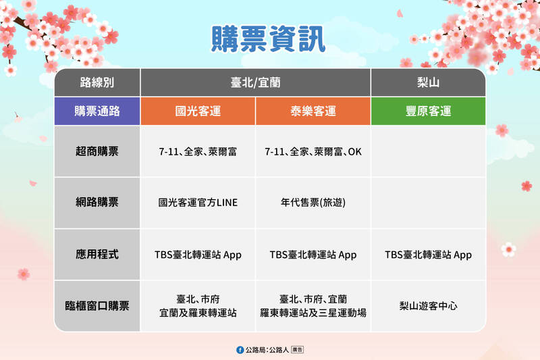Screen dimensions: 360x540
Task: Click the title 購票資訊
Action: click(268, 40)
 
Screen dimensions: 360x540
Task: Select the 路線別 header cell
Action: click(97, 83)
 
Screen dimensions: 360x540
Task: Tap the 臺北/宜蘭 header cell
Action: click(255, 83)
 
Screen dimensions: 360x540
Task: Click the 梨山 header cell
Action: click(428, 83)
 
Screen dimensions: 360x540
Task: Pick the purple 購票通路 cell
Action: click(97, 111)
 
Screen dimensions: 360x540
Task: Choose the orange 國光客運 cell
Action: click(198, 111)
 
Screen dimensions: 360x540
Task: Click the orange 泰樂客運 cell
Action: click(313, 111)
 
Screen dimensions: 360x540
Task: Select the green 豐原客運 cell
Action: click(428, 111)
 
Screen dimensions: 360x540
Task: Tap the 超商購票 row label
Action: click(97, 151)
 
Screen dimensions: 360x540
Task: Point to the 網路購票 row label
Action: click(97, 202)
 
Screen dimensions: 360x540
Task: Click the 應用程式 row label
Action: click(97, 255)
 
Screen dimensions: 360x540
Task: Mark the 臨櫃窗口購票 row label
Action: click(97, 305)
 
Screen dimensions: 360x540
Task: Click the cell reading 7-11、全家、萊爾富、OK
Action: click(313, 152)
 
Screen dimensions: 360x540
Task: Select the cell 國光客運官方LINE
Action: click(198, 203)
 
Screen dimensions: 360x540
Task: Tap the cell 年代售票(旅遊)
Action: click(313, 203)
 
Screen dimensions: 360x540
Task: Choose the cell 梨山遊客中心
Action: click(428, 306)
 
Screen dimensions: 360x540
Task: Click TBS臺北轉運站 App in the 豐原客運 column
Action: click(428, 255)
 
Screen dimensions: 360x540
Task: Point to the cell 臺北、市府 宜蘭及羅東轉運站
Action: click(198, 306)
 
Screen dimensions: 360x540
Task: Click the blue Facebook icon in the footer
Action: click(240, 350)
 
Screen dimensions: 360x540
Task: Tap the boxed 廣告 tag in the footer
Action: click(297, 350)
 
